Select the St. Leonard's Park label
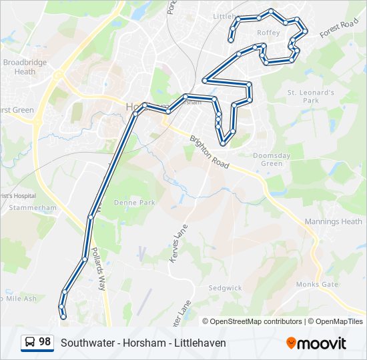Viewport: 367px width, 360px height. [x=310, y=96]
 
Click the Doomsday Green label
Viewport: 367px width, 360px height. [x=272, y=159]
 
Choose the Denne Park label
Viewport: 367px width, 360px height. [x=134, y=202]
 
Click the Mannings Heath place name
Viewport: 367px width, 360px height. [x=333, y=221]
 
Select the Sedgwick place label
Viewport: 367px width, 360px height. [x=225, y=288]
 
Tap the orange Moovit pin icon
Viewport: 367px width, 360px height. [x=292, y=343]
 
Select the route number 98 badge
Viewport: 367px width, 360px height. [x=37, y=342]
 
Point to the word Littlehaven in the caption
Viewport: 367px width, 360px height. [x=200, y=343]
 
